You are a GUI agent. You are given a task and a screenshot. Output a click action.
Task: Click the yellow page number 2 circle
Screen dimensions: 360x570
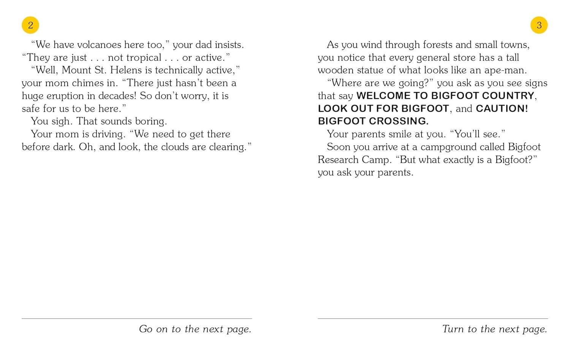(x=30, y=25)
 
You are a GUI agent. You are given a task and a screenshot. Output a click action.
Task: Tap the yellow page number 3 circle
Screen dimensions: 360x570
(x=539, y=25)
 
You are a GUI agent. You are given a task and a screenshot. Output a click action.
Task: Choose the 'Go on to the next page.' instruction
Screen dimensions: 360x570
(x=195, y=329)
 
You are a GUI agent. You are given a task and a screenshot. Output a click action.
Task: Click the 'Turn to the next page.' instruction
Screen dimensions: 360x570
(x=494, y=329)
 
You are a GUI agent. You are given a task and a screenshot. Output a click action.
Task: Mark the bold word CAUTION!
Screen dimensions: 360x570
(x=502, y=109)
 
